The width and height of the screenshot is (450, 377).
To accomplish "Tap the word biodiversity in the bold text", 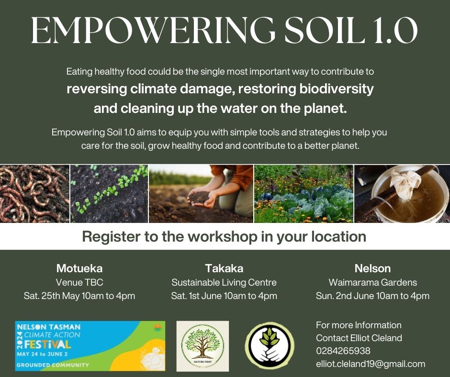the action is click(337, 89).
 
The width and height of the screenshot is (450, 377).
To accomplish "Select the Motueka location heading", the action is click(79, 268).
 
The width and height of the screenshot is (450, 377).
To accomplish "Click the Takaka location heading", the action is click(224, 268).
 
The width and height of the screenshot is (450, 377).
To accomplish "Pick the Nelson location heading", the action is click(372, 268).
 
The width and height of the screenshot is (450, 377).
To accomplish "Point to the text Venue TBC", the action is click(79, 282).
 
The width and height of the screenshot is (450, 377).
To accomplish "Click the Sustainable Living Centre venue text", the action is click(224, 283).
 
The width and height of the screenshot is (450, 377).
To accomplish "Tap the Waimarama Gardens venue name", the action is click(372, 282).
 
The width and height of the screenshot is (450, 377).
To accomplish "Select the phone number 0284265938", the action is click(343, 351).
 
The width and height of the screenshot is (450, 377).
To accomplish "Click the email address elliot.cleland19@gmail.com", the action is click(371, 364).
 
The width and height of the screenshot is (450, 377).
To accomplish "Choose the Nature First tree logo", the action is click(202, 346).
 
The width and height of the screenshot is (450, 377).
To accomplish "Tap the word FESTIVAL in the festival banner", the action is click(47, 344).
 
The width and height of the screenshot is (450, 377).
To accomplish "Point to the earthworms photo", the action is click(34, 194).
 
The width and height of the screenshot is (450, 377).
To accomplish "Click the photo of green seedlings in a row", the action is click(109, 194).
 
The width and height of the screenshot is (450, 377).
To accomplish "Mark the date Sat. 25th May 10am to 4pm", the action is click(79, 296).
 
